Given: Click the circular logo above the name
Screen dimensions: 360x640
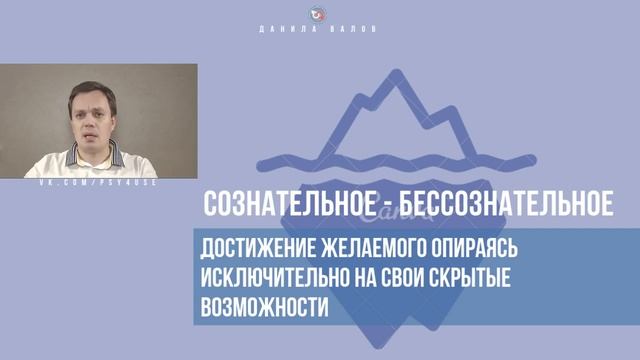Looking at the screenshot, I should click(x=320, y=13).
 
